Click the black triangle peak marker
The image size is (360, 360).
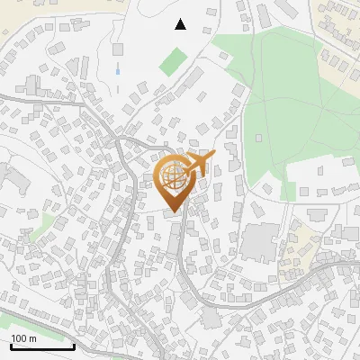coord(181,24)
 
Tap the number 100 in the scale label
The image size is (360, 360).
coord(19,338)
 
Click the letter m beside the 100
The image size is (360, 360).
coord(31,338)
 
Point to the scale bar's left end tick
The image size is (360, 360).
coord(10,346)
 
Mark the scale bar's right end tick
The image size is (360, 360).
coord(74,346)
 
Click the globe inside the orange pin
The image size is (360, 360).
coord(175,177)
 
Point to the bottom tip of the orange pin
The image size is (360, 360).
coord(175,212)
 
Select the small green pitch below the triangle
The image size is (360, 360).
coord(172,62)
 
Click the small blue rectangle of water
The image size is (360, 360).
coord(118,68)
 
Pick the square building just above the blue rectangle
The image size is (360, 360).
coord(118,49)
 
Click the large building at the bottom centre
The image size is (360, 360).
coord(211,318)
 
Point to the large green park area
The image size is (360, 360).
coord(288,108)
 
